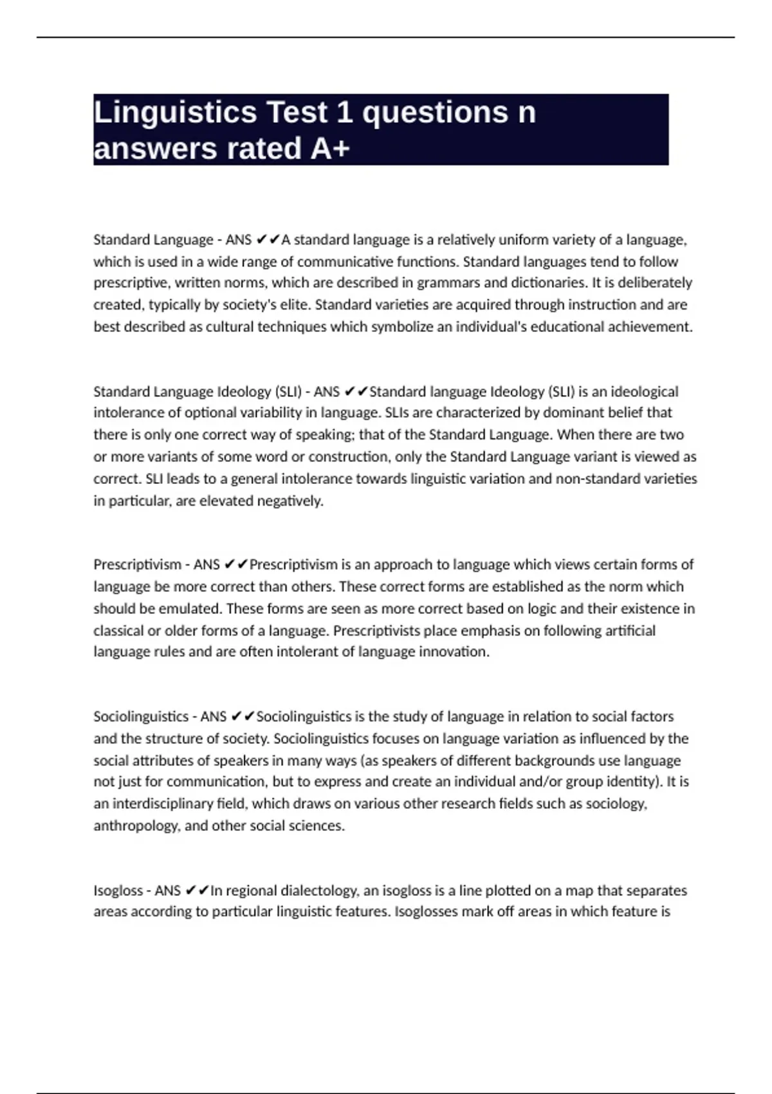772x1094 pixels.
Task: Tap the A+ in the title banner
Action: pyautogui.click(x=330, y=149)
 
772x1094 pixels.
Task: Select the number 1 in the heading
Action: pyautogui.click(x=344, y=113)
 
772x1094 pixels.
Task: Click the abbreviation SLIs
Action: pyautogui.click(x=401, y=413)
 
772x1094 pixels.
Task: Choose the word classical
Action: pyautogui.click(x=118, y=631)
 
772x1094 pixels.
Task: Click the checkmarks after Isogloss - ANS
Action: pyautogui.click(x=197, y=891)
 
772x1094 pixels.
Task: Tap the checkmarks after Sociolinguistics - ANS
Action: pyautogui.click(x=243, y=717)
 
